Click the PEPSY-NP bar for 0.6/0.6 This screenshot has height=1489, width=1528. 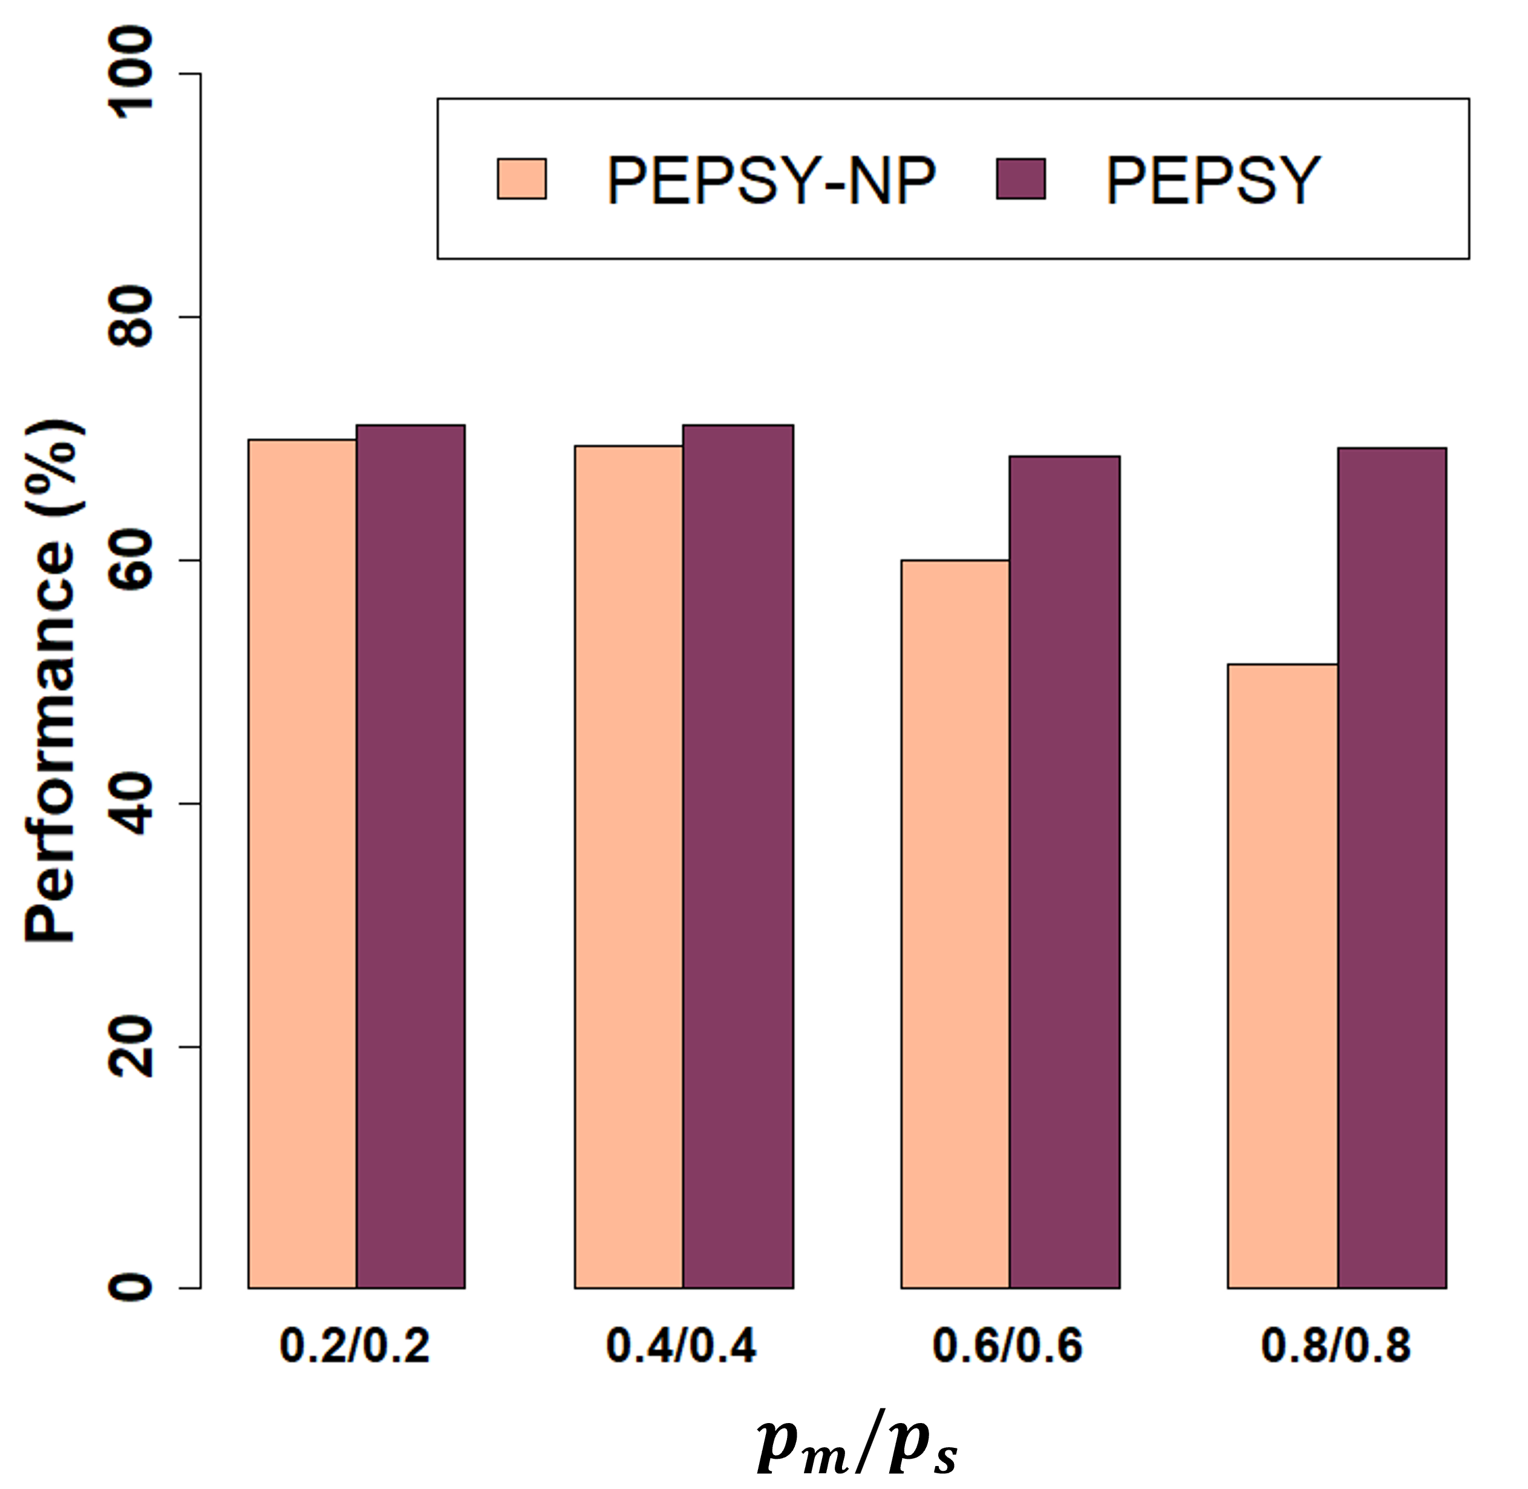point(955,923)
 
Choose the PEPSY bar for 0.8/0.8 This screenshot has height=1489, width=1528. point(1392,868)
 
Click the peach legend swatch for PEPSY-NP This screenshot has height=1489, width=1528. point(521,179)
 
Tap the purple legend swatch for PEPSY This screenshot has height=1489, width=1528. point(1020,179)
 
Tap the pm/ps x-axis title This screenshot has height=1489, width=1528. point(857,1445)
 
